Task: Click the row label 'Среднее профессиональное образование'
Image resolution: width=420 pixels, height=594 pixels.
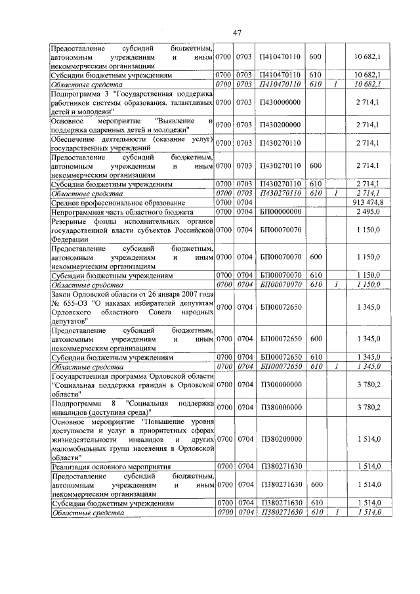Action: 116,203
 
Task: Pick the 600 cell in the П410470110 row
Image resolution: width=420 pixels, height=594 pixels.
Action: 315,58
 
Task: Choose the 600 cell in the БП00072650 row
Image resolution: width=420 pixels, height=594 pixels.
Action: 315,339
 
